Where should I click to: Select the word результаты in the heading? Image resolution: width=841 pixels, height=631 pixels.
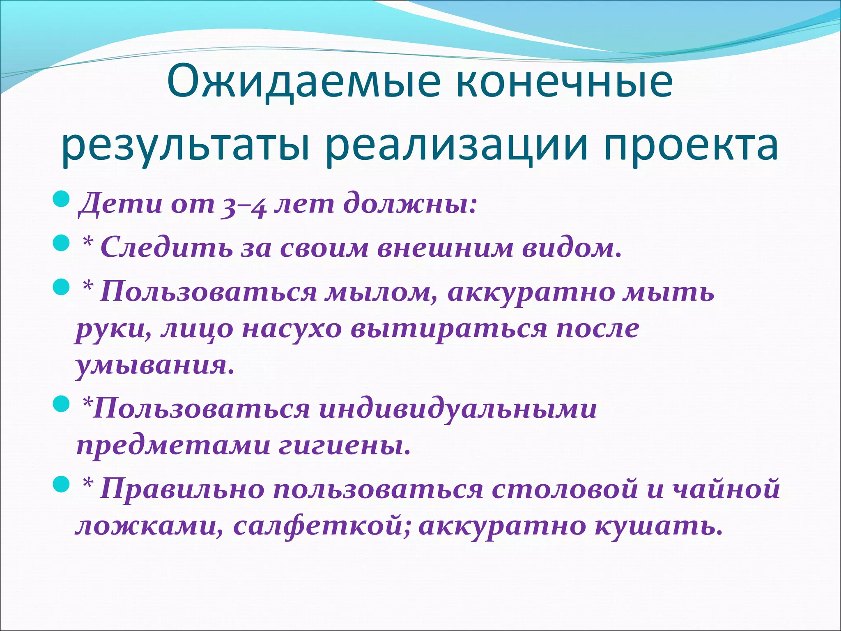pyautogui.click(x=185, y=146)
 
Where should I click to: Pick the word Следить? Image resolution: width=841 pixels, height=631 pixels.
pyautogui.click(x=166, y=248)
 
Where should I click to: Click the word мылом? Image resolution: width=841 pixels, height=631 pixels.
pyautogui.click(x=382, y=292)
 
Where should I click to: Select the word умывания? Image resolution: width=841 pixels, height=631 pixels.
pyautogui.click(x=154, y=364)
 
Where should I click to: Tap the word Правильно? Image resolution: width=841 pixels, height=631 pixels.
pyautogui.click(x=182, y=489)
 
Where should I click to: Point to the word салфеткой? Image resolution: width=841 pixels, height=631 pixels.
pyautogui.click(x=322, y=525)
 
